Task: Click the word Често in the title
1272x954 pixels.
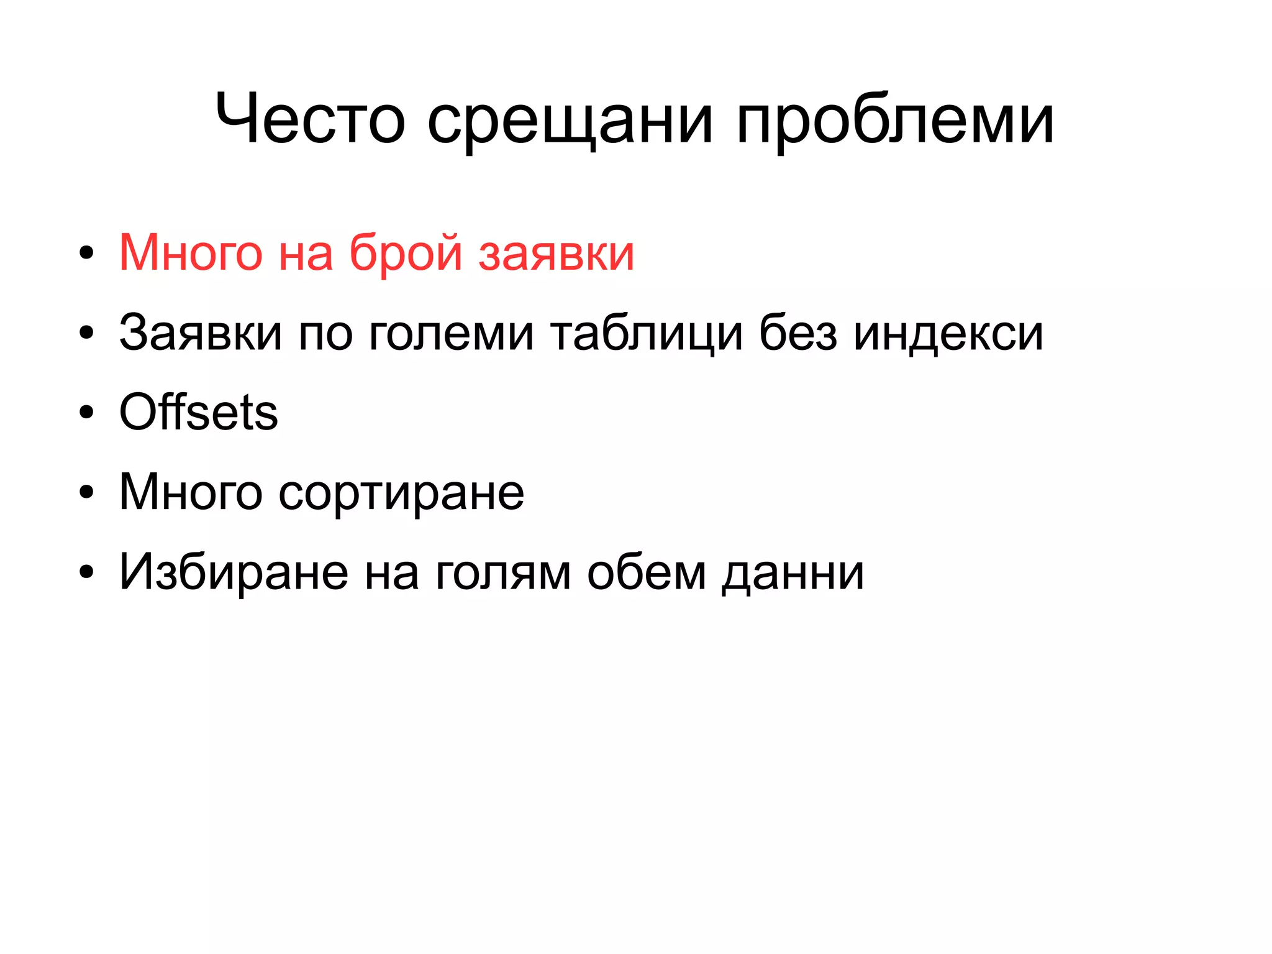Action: tap(310, 118)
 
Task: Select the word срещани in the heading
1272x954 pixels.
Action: tap(569, 121)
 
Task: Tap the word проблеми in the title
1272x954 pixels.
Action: tap(895, 121)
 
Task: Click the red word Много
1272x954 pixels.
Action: tap(190, 253)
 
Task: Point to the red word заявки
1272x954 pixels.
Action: tap(556, 255)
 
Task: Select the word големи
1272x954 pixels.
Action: tap(451, 334)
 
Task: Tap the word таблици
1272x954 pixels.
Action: tap(646, 334)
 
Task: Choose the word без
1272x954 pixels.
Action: tap(798, 333)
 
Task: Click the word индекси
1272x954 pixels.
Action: tap(948, 334)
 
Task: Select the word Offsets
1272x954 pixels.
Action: tap(198, 412)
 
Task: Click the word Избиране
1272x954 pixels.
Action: tap(234, 572)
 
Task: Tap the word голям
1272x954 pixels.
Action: tap(502, 574)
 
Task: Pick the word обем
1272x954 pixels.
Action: tap(647, 572)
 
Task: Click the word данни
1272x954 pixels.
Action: tap(793, 574)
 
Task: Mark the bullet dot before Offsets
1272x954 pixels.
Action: tap(86, 413)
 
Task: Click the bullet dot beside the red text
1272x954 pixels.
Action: tap(86, 253)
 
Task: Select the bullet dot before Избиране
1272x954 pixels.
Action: tap(86, 572)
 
